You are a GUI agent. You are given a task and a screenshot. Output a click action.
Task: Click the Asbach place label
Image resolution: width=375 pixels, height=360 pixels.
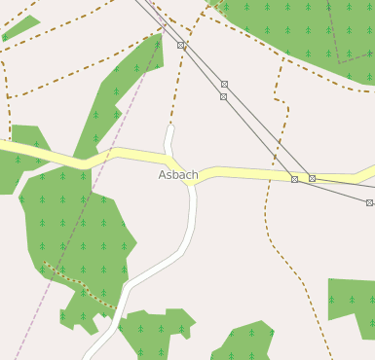[x=178, y=175]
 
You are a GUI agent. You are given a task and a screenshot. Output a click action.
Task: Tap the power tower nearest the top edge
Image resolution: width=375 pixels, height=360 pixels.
[x=181, y=45]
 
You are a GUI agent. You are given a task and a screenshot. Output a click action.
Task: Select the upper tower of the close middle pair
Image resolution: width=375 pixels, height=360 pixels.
[x=224, y=85]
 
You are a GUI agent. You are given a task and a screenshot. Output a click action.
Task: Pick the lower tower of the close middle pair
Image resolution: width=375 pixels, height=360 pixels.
[x=223, y=96]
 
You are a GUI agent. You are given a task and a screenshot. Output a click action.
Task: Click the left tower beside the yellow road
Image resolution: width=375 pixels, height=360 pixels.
[x=294, y=179]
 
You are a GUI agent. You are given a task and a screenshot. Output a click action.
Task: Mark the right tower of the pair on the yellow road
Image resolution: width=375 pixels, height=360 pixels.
[x=312, y=178]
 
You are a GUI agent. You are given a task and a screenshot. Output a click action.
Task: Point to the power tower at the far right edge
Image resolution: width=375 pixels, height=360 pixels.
[x=369, y=202]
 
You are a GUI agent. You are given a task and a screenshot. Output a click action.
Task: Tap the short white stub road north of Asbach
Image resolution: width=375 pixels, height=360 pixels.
[x=169, y=138]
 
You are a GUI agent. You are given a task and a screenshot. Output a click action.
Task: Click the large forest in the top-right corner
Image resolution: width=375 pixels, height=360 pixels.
[x=302, y=29]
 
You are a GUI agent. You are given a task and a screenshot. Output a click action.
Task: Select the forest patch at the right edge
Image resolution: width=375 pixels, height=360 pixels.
[x=353, y=307]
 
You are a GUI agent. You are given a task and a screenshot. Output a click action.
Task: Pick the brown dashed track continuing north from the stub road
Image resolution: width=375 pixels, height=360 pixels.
[x=180, y=78]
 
